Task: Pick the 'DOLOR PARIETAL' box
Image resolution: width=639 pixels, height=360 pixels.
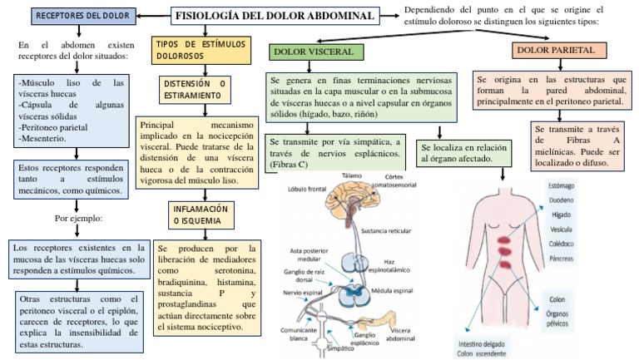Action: [555, 51]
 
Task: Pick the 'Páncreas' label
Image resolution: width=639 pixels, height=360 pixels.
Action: [562, 259]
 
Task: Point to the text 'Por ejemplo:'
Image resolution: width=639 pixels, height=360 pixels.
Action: [79, 220]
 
